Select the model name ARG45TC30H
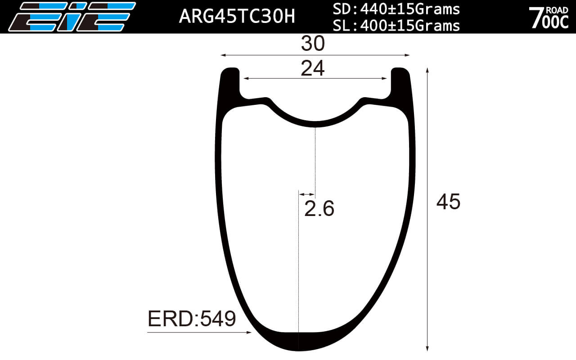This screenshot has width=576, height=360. (237, 16)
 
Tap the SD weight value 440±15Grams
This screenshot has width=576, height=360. (396, 9)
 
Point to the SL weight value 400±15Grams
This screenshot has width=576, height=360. (396, 26)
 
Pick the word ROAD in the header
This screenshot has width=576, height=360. (557, 9)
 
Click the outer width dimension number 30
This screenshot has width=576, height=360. (313, 44)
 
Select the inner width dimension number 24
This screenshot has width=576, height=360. (313, 68)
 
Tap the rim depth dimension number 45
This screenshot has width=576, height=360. (448, 202)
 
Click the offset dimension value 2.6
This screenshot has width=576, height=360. (319, 209)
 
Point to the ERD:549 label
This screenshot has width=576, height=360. (192, 319)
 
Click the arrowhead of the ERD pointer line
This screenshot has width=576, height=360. (249, 333)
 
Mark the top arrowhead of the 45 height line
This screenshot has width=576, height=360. (427, 70)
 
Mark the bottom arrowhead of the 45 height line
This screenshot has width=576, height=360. (427, 349)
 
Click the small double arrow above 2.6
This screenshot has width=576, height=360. (307, 194)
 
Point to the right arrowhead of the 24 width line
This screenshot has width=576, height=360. (384, 78)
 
